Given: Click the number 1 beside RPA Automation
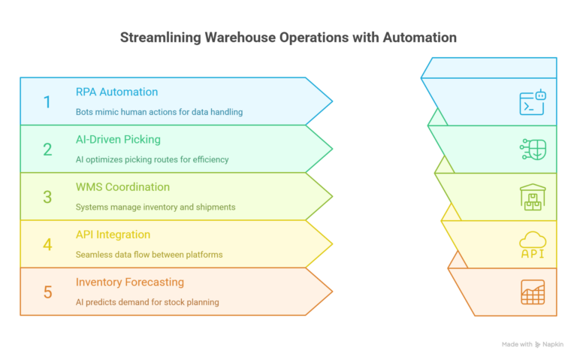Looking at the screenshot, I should point(47,101).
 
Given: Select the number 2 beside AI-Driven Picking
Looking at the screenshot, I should point(47,149).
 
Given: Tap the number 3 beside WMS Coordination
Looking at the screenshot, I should point(47,197).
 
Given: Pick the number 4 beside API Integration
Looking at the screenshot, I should point(47,244).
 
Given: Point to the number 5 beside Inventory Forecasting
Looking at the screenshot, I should point(47,292).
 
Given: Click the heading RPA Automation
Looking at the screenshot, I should point(116,92).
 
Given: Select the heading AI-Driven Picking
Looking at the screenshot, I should point(118,139).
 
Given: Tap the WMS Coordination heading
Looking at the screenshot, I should point(122,186).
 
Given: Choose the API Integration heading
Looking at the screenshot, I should point(113,234).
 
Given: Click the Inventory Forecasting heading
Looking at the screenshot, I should point(129,282).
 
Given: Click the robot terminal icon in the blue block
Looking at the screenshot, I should point(532,102).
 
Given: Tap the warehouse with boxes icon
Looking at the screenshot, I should point(532,197).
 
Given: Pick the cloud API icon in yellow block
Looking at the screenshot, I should point(532,244).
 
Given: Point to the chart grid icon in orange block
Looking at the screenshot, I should point(532,292).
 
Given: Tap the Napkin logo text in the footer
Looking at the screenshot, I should point(552,344).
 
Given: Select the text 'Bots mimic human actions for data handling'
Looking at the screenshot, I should point(159,112).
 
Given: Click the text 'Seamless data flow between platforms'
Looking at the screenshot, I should point(149,255).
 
